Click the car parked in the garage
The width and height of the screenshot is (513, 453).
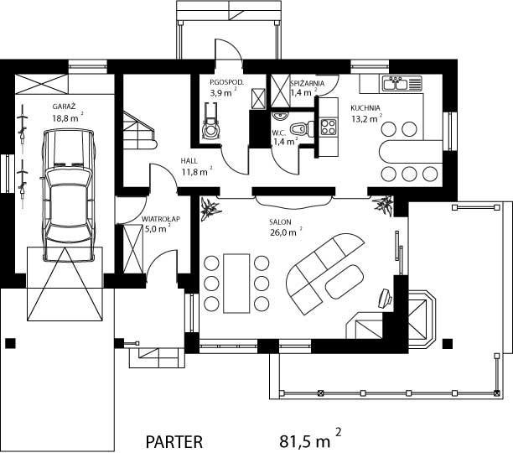click(69, 195)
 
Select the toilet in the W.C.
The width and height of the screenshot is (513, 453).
click(302, 128)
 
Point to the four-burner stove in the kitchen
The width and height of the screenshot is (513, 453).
click(328, 127)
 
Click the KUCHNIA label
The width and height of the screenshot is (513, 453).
click(365, 107)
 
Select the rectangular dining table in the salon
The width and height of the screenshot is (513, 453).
click(236, 284)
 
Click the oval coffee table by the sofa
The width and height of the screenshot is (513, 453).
click(345, 282)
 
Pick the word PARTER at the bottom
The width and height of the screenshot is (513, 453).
click(174, 442)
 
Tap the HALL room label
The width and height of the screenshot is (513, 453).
click(189, 161)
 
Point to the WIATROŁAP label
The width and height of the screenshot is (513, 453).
click(161, 219)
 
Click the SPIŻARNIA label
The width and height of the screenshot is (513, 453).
click(307, 83)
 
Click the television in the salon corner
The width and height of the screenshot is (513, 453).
click(385, 298)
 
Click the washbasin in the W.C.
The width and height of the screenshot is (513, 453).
click(280, 115)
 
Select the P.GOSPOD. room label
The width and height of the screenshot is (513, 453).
click(226, 82)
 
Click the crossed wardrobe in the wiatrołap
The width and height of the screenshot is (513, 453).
click(133, 249)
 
